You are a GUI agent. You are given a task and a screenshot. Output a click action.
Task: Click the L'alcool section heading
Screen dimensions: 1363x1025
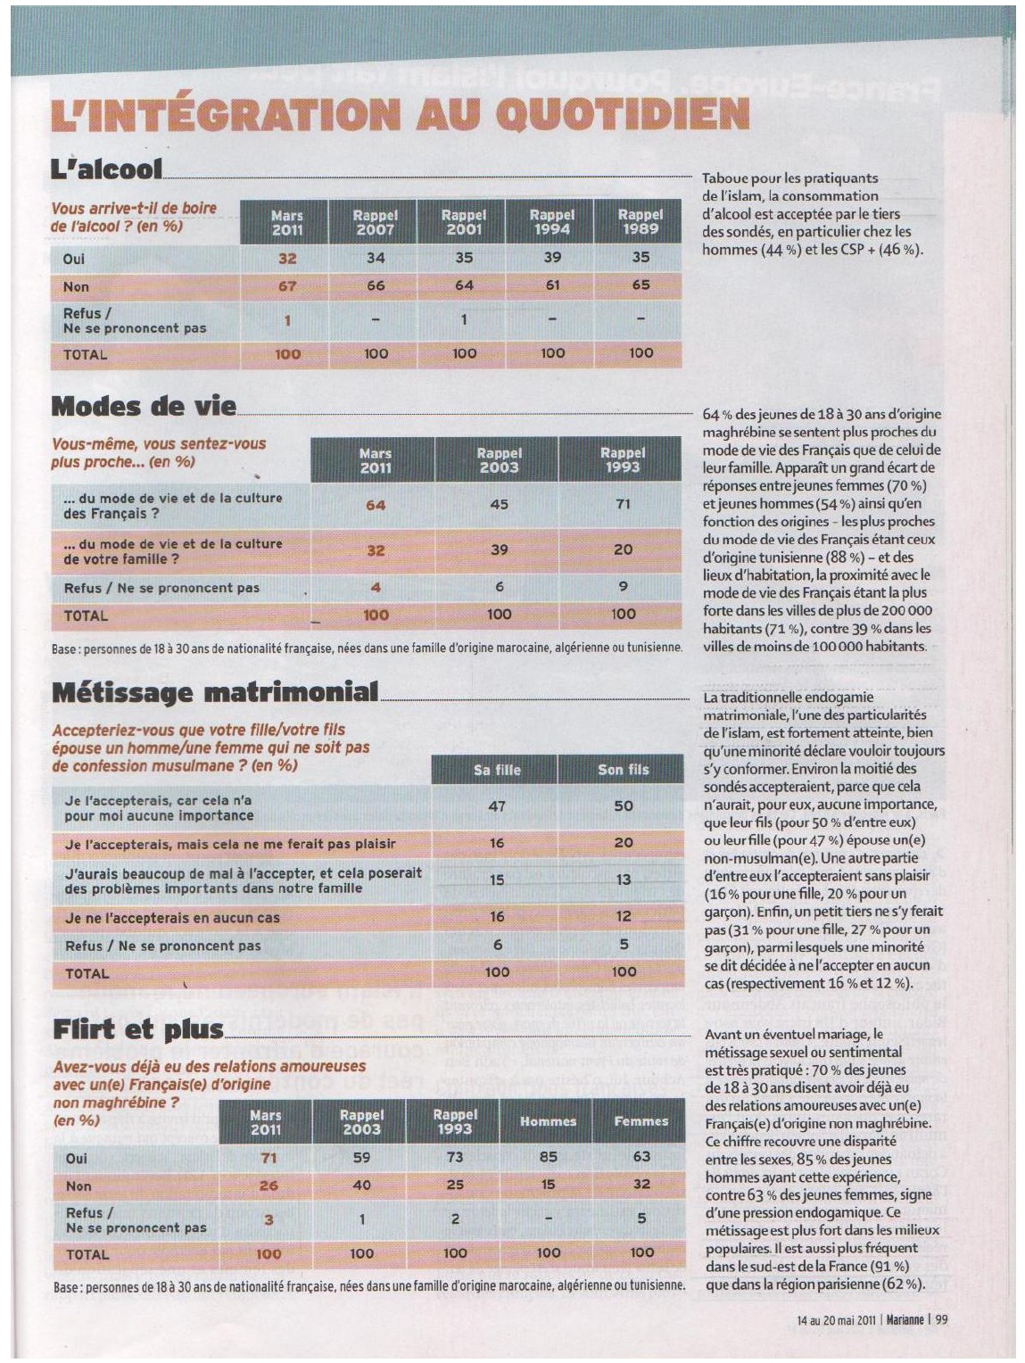107,169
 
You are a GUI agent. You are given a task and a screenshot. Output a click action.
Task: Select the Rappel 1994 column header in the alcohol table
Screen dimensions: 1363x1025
552,221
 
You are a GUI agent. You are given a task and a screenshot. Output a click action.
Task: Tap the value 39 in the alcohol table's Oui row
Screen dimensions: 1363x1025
552,257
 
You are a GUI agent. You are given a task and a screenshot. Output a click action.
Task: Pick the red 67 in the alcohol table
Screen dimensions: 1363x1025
287,285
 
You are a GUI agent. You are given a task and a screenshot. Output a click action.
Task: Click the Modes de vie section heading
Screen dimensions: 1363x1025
144,406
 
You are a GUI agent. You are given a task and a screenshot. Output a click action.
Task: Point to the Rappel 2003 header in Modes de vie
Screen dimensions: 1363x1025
499,459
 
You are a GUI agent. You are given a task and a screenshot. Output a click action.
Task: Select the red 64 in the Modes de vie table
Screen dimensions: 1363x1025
376,505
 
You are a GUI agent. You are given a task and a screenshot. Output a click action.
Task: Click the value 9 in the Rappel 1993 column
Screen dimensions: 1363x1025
623,586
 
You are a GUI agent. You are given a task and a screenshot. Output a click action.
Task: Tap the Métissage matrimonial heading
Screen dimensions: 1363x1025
215,691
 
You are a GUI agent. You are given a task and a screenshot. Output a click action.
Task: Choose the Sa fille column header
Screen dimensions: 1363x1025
497,770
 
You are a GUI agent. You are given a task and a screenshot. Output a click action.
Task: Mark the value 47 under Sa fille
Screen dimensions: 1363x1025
497,806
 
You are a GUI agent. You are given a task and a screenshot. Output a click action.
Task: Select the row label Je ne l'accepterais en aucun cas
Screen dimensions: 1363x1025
172,917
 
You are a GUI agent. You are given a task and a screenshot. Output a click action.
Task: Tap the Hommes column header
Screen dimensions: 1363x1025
548,1121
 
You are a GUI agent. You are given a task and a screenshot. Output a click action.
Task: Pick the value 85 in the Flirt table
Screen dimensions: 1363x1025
548,1157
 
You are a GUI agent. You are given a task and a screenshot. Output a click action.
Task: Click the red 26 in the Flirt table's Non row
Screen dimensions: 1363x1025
269,1185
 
